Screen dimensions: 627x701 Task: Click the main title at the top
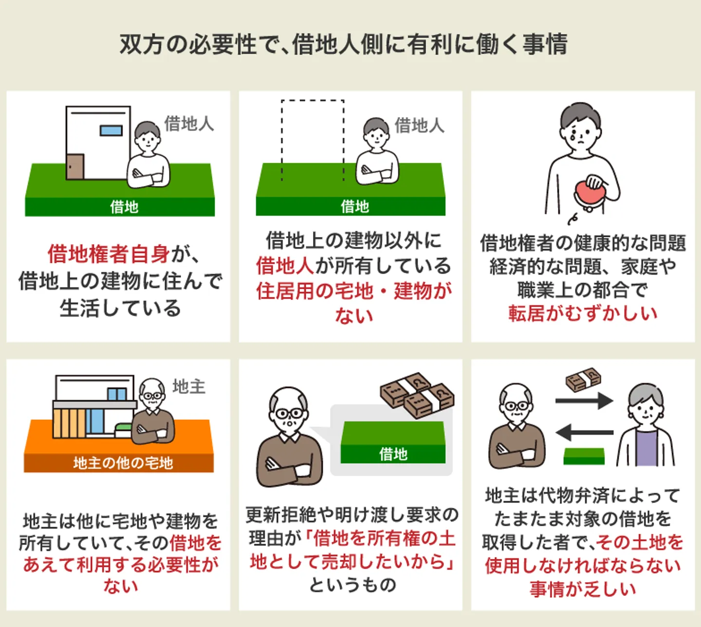tap(344, 44)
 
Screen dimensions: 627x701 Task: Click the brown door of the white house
tap(75, 166)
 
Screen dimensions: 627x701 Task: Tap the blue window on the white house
tap(111, 130)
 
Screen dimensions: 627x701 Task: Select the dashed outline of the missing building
tap(313, 101)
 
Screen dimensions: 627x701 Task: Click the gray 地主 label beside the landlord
tap(189, 387)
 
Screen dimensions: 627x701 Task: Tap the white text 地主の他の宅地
tap(123, 463)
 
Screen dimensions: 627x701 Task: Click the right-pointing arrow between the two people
tap(584, 401)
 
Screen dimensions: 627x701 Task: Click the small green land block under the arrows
tap(584, 456)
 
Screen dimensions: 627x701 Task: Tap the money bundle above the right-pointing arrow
tap(583, 379)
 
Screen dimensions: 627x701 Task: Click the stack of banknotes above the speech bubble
tap(417, 394)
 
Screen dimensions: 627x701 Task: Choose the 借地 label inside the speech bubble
tap(393, 454)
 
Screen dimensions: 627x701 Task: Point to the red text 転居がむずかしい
tap(583, 313)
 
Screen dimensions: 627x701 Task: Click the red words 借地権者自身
tap(109, 254)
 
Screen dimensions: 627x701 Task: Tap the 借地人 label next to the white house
tap(189, 124)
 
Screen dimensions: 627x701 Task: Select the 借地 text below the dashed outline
tap(354, 206)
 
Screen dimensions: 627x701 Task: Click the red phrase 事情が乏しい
tap(583, 589)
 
